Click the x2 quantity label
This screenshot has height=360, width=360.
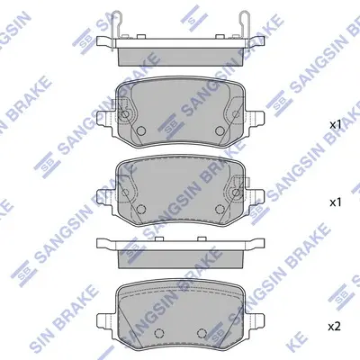tap(335, 326)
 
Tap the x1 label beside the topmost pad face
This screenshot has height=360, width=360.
tap(336, 125)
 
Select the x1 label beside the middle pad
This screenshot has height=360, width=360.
tap(336, 202)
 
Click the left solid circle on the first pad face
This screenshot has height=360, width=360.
tap(140, 130)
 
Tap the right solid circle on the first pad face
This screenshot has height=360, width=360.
tap(220, 130)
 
